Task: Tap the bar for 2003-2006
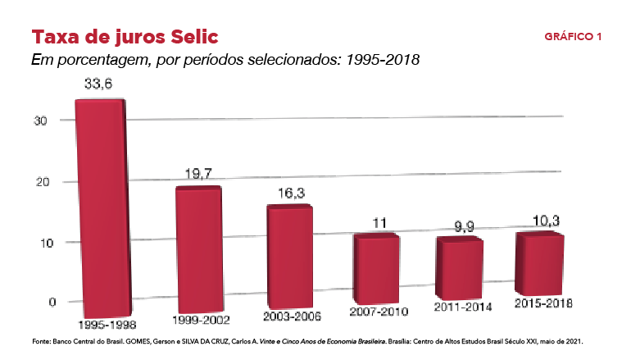tap(290, 256)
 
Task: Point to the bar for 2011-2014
tap(460, 267)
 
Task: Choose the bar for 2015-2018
tap(540, 263)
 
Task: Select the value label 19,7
tap(198, 173)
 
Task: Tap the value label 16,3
tap(288, 194)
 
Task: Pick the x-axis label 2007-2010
tap(379, 312)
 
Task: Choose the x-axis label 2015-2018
tap(543, 303)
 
